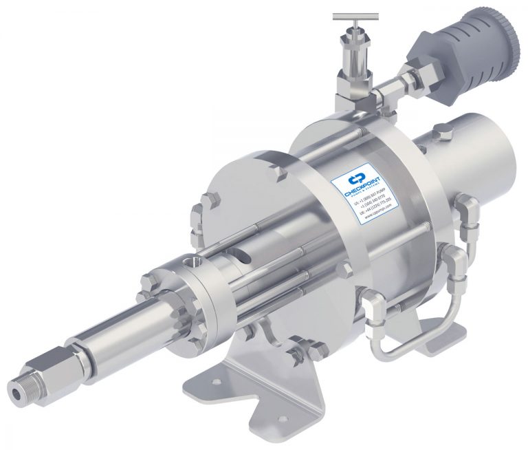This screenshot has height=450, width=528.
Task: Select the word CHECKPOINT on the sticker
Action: [x=364, y=188]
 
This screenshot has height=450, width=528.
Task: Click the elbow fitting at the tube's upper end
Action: [x=470, y=206]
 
